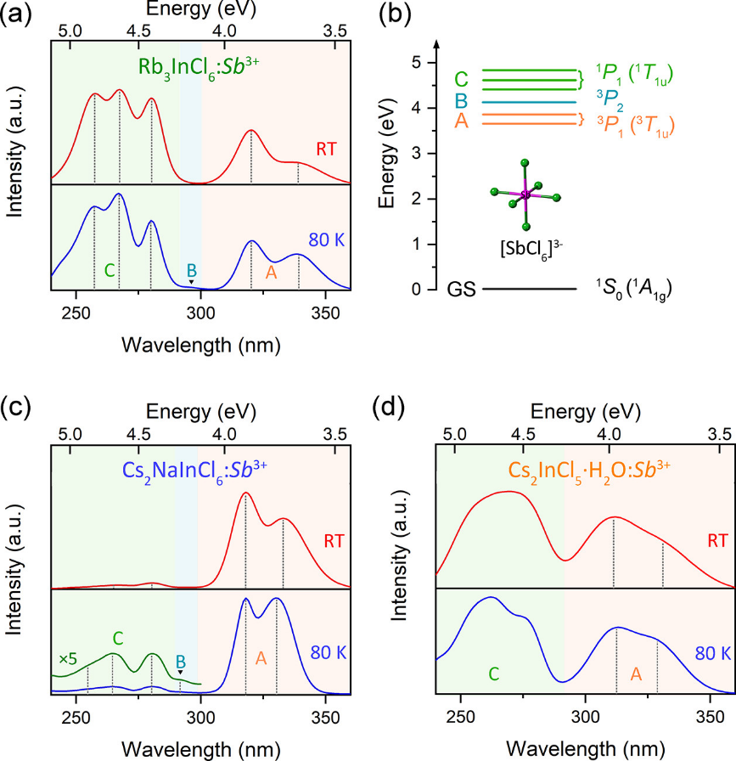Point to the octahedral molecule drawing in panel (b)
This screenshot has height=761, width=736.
click(x=526, y=195)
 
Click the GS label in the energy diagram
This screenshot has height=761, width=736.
click(x=459, y=290)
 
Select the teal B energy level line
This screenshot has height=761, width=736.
click(x=530, y=103)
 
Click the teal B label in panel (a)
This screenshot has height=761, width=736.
click(x=191, y=271)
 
